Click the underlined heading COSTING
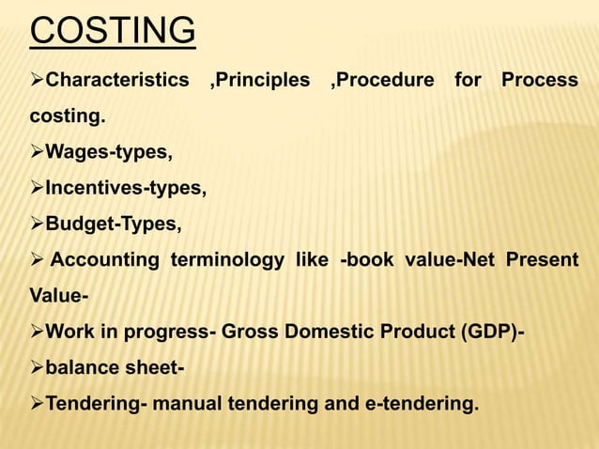113,30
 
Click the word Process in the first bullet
539,80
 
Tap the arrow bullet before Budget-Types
38,224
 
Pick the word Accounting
104,260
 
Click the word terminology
226,260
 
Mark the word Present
543,260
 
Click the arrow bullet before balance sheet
38,368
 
